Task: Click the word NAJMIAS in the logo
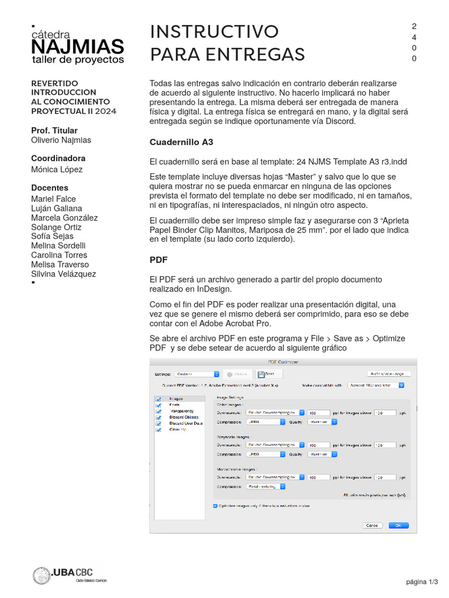point(77,47)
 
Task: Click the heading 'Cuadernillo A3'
point(181,142)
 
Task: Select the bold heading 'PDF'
point(159,259)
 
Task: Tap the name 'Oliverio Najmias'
point(61,140)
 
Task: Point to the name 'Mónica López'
point(57,169)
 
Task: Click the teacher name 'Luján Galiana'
point(56,208)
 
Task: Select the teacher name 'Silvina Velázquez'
point(63,274)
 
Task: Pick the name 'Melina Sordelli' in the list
point(58,246)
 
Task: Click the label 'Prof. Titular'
point(54,130)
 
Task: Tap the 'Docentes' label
point(50,188)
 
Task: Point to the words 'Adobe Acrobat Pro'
point(236,324)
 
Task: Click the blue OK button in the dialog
point(398,525)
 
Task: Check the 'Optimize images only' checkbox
point(215,506)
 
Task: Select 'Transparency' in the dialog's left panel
point(181,411)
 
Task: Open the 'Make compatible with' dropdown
point(377,385)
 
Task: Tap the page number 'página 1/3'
point(422,582)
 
